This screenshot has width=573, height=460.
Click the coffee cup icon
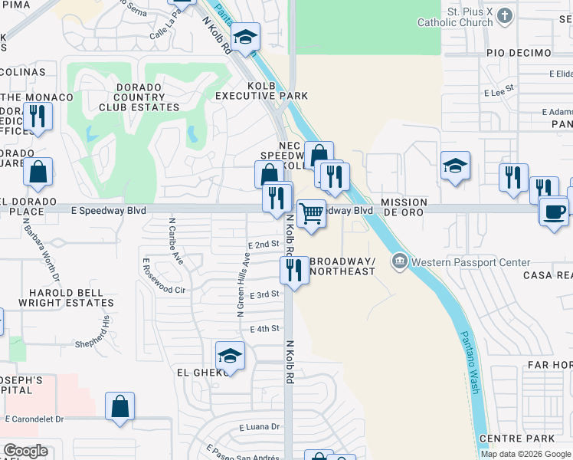(553, 211)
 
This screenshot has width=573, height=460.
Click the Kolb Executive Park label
(261, 90)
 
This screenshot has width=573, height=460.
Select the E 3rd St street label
(264, 294)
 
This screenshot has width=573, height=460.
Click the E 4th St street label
(264, 329)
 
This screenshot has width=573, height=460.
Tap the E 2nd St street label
(264, 244)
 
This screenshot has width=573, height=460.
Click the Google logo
(25, 451)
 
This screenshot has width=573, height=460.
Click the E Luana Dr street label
(260, 427)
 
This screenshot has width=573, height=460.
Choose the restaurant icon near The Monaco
(37, 117)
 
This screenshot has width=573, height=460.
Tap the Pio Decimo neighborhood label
(519, 53)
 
